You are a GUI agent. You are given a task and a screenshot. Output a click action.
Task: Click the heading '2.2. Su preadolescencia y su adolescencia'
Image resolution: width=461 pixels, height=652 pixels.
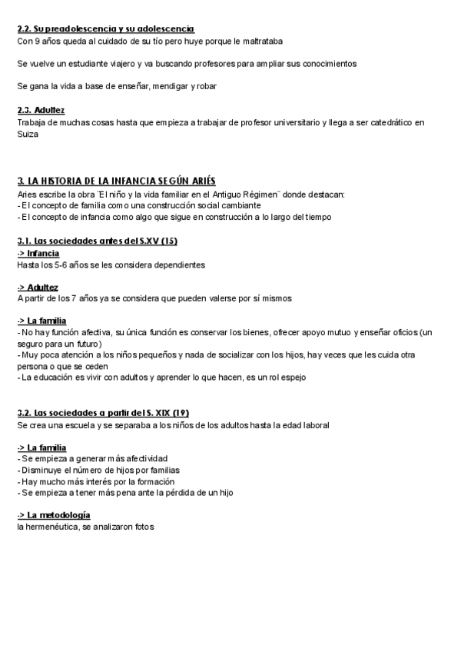(106, 28)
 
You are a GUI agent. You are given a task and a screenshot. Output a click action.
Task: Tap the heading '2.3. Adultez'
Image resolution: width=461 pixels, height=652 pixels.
(41, 110)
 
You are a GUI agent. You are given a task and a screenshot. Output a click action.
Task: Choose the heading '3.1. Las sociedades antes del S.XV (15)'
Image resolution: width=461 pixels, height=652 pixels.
(98, 241)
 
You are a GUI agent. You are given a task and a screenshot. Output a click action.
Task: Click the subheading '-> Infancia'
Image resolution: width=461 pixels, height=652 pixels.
(38, 253)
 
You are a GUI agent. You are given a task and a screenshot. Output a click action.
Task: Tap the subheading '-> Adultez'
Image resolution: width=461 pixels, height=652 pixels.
(38, 287)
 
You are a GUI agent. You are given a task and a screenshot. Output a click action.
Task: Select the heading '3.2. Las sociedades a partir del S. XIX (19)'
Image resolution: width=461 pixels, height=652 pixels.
(103, 413)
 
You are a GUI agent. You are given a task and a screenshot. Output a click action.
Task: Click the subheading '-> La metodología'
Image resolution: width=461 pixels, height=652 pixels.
(54, 515)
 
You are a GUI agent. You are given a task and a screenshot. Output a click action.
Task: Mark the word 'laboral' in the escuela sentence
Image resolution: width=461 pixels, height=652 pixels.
(313, 424)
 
